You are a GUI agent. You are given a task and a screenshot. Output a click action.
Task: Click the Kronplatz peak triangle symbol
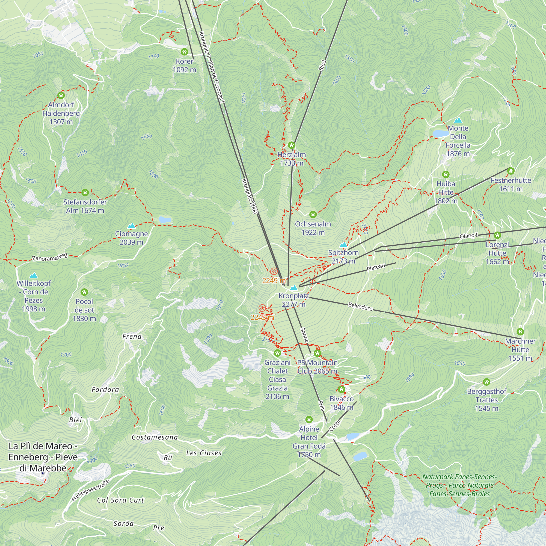tap(294, 288)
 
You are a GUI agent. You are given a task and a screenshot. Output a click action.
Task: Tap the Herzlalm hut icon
tap(292, 146)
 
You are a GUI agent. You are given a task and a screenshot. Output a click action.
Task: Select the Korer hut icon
tap(185, 52)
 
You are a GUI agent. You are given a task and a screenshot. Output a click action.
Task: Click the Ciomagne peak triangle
tap(131, 226)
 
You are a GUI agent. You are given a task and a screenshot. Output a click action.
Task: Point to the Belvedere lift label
tap(360, 306)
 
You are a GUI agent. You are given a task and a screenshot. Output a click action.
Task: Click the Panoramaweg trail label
tap(50, 257)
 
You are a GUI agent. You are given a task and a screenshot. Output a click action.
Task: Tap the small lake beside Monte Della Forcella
tap(440, 133)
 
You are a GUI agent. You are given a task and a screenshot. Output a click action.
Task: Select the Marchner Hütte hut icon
tap(520, 332)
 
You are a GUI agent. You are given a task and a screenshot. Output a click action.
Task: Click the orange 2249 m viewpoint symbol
tap(274, 272)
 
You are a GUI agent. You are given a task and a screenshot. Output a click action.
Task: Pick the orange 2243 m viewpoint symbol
tap(262, 308)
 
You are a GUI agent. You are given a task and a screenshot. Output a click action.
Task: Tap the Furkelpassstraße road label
tap(90, 490)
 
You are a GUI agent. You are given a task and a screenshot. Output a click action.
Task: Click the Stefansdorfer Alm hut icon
tap(85, 193)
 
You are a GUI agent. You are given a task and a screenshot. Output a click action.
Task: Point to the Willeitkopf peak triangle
tap(34, 275)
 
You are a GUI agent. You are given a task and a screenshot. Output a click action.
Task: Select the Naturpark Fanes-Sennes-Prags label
tap(459, 485)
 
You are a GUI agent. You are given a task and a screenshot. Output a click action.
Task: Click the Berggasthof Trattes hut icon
tap(486, 382)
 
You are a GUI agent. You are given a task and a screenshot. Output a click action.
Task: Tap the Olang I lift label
tap(468, 236)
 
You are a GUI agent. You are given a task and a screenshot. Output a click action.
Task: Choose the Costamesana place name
tap(155, 437)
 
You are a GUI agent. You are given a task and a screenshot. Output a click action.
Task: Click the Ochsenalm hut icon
tap(313, 215)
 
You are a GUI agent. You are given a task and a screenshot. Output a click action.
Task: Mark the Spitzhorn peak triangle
tap(343, 245)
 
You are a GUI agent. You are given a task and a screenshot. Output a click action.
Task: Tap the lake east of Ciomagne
tap(165, 219)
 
